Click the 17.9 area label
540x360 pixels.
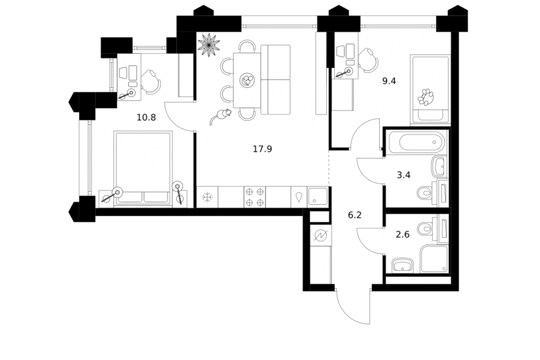click(263, 149)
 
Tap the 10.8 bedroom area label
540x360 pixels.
click(146, 118)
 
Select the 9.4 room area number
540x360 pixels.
click(389, 81)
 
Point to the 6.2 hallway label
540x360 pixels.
click(355, 215)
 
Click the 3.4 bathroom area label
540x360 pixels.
click(404, 175)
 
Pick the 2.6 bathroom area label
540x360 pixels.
click(403, 235)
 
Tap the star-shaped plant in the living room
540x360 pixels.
click(209, 44)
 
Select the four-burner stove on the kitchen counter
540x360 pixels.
click(255, 197)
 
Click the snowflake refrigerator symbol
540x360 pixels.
click(207, 197)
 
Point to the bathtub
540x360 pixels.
click(416, 142)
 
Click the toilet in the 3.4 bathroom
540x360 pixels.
click(425, 192)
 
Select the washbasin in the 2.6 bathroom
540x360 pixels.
click(402, 265)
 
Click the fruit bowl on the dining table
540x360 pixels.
click(247, 80)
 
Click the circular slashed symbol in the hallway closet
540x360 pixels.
click(321, 236)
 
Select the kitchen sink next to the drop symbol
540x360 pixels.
click(318, 196)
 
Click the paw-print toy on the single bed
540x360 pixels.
click(426, 97)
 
